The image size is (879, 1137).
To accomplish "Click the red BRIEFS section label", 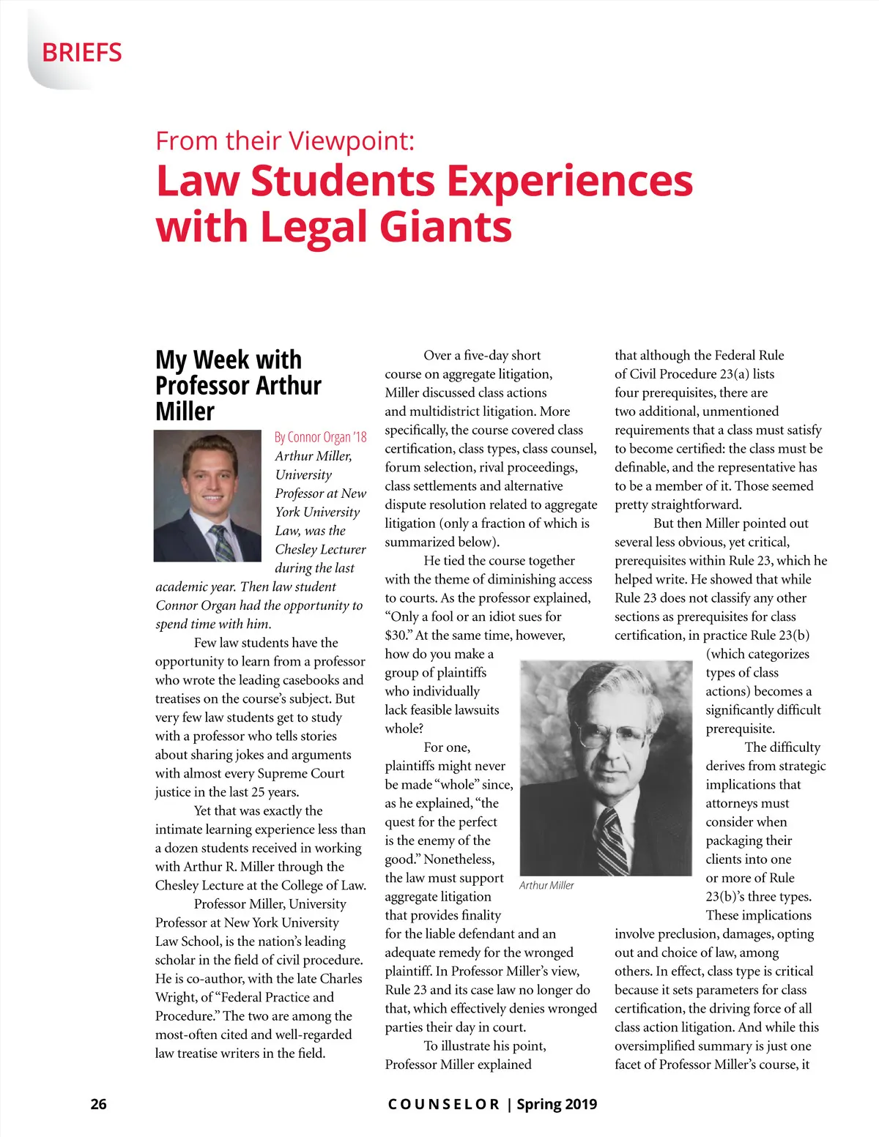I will click(82, 53).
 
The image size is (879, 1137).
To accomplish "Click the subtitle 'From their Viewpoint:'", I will click(285, 141).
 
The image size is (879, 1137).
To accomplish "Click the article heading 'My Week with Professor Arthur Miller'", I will click(238, 386).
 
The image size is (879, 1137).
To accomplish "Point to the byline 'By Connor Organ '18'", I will click(320, 437).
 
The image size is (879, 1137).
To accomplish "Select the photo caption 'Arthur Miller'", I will click(546, 885).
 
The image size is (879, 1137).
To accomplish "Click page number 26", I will click(98, 1104).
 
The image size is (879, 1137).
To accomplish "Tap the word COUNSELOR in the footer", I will click(443, 1104).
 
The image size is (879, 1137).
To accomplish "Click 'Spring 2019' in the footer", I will click(557, 1104).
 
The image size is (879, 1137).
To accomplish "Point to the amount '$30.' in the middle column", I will click(398, 635).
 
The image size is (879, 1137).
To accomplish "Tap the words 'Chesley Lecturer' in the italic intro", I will click(320, 549).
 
